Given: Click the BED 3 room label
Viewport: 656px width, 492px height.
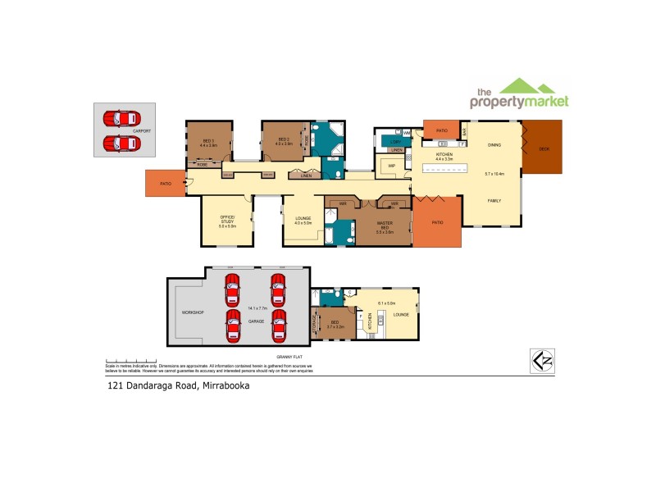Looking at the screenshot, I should click(208, 141).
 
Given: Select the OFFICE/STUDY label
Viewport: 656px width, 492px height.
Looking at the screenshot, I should click(227, 221).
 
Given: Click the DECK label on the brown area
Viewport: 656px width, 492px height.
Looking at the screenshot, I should click(544, 149).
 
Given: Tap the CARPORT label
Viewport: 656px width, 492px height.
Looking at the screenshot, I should click(142, 130).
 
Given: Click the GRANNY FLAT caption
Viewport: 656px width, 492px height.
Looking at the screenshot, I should click(290, 358).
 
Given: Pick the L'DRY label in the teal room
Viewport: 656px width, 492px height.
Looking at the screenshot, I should click(395, 142).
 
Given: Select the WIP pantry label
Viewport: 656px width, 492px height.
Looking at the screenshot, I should click(392, 166).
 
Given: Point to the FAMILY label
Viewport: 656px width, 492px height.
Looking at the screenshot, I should click(494, 201).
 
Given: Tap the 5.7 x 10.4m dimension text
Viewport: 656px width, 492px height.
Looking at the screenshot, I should click(494, 174).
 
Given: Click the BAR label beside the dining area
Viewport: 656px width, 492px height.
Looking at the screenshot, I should click(464, 131).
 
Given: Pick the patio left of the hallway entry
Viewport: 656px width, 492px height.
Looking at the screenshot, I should click(164, 184).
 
